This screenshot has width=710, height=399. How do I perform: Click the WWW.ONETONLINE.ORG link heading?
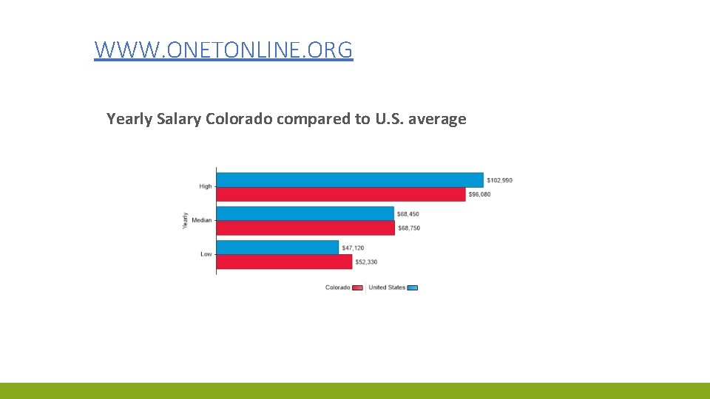[223, 50]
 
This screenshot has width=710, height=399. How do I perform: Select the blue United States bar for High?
[350, 180]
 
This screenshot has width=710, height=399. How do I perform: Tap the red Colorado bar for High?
[341, 194]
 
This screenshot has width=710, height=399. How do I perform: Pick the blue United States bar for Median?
[305, 214]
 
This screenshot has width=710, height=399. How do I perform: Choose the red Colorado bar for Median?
[306, 228]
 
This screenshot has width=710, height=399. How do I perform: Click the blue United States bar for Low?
[277, 248]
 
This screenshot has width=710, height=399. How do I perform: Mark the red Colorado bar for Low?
[284, 262]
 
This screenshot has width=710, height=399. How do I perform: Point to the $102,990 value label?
[499, 180]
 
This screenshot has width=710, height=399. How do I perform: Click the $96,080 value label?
[479, 194]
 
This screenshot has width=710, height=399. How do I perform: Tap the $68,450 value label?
[408, 214]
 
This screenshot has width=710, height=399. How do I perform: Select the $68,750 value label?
[409, 228]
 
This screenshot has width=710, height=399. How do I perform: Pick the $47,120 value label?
[353, 248]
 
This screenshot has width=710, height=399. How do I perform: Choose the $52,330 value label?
[366, 262]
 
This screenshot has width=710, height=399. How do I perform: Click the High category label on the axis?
[205, 186]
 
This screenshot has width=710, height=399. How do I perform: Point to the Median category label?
[201, 220]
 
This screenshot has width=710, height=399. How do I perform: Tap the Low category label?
[206, 254]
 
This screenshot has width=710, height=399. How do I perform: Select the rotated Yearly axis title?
[185, 220]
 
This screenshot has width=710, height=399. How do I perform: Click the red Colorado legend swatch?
[357, 287]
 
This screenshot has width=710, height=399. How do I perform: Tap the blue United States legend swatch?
[413, 287]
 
